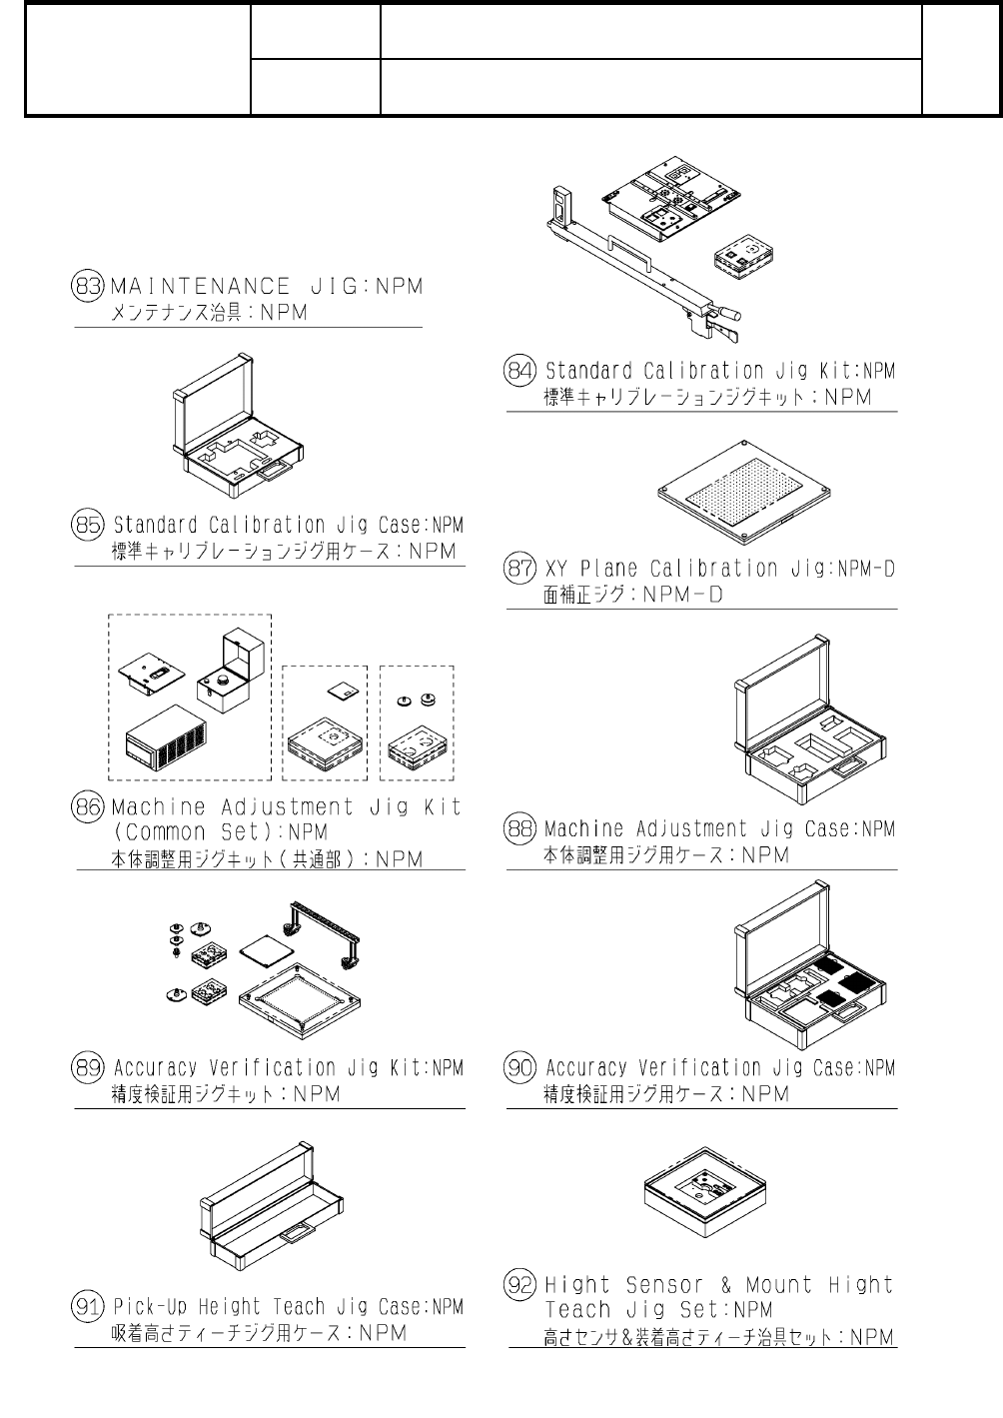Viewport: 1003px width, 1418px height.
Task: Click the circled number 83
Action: point(88,286)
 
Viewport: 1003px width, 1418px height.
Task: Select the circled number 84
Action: point(520,370)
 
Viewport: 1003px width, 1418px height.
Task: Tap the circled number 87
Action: point(520,569)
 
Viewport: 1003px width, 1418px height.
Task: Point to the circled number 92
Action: point(520,1285)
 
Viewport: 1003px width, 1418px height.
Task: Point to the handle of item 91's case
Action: point(297,1235)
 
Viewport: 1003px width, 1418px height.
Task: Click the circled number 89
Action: point(88,1067)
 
